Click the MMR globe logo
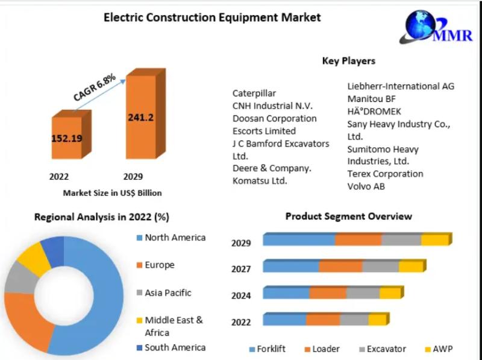436,27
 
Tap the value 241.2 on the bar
141,117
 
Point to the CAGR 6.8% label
95,87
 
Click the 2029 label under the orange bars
133,177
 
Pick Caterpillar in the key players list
254,93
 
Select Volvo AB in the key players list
366,186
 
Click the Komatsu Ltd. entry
260,181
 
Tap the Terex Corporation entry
385,174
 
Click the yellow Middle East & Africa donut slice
33,257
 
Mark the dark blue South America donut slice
53,250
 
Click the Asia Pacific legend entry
164,292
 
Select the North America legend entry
171,238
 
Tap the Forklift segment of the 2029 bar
299,240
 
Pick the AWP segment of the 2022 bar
378,320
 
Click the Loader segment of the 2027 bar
340,267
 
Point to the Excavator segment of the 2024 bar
363,293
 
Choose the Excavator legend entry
383,349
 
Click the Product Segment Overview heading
349,216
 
